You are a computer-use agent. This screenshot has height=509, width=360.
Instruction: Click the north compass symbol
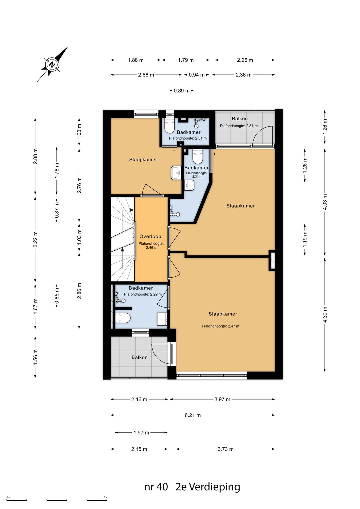53,64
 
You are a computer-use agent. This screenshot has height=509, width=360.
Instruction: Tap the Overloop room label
150,236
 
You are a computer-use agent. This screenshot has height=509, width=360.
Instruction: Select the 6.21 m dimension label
193,415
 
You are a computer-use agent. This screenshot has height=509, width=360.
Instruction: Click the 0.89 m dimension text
182,91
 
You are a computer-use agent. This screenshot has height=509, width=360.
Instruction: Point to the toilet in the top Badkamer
169,126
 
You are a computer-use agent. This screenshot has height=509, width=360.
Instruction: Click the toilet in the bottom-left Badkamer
123,318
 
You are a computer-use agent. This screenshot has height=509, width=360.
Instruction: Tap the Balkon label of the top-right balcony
240,119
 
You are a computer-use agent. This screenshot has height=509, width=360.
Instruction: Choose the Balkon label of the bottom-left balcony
140,357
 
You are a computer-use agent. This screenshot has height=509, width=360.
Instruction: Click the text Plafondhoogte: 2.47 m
220,326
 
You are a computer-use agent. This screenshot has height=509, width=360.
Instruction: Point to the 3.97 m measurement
222,399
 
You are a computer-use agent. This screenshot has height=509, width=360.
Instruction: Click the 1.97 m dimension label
141,432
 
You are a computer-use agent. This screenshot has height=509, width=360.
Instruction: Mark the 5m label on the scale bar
105,497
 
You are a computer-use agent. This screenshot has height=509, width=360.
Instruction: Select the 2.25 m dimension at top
245,60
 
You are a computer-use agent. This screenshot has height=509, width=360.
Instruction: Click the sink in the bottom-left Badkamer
162,319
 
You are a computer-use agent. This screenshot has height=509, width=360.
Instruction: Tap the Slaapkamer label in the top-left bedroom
143,160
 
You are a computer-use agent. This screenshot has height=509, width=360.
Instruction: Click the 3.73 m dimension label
225,449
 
